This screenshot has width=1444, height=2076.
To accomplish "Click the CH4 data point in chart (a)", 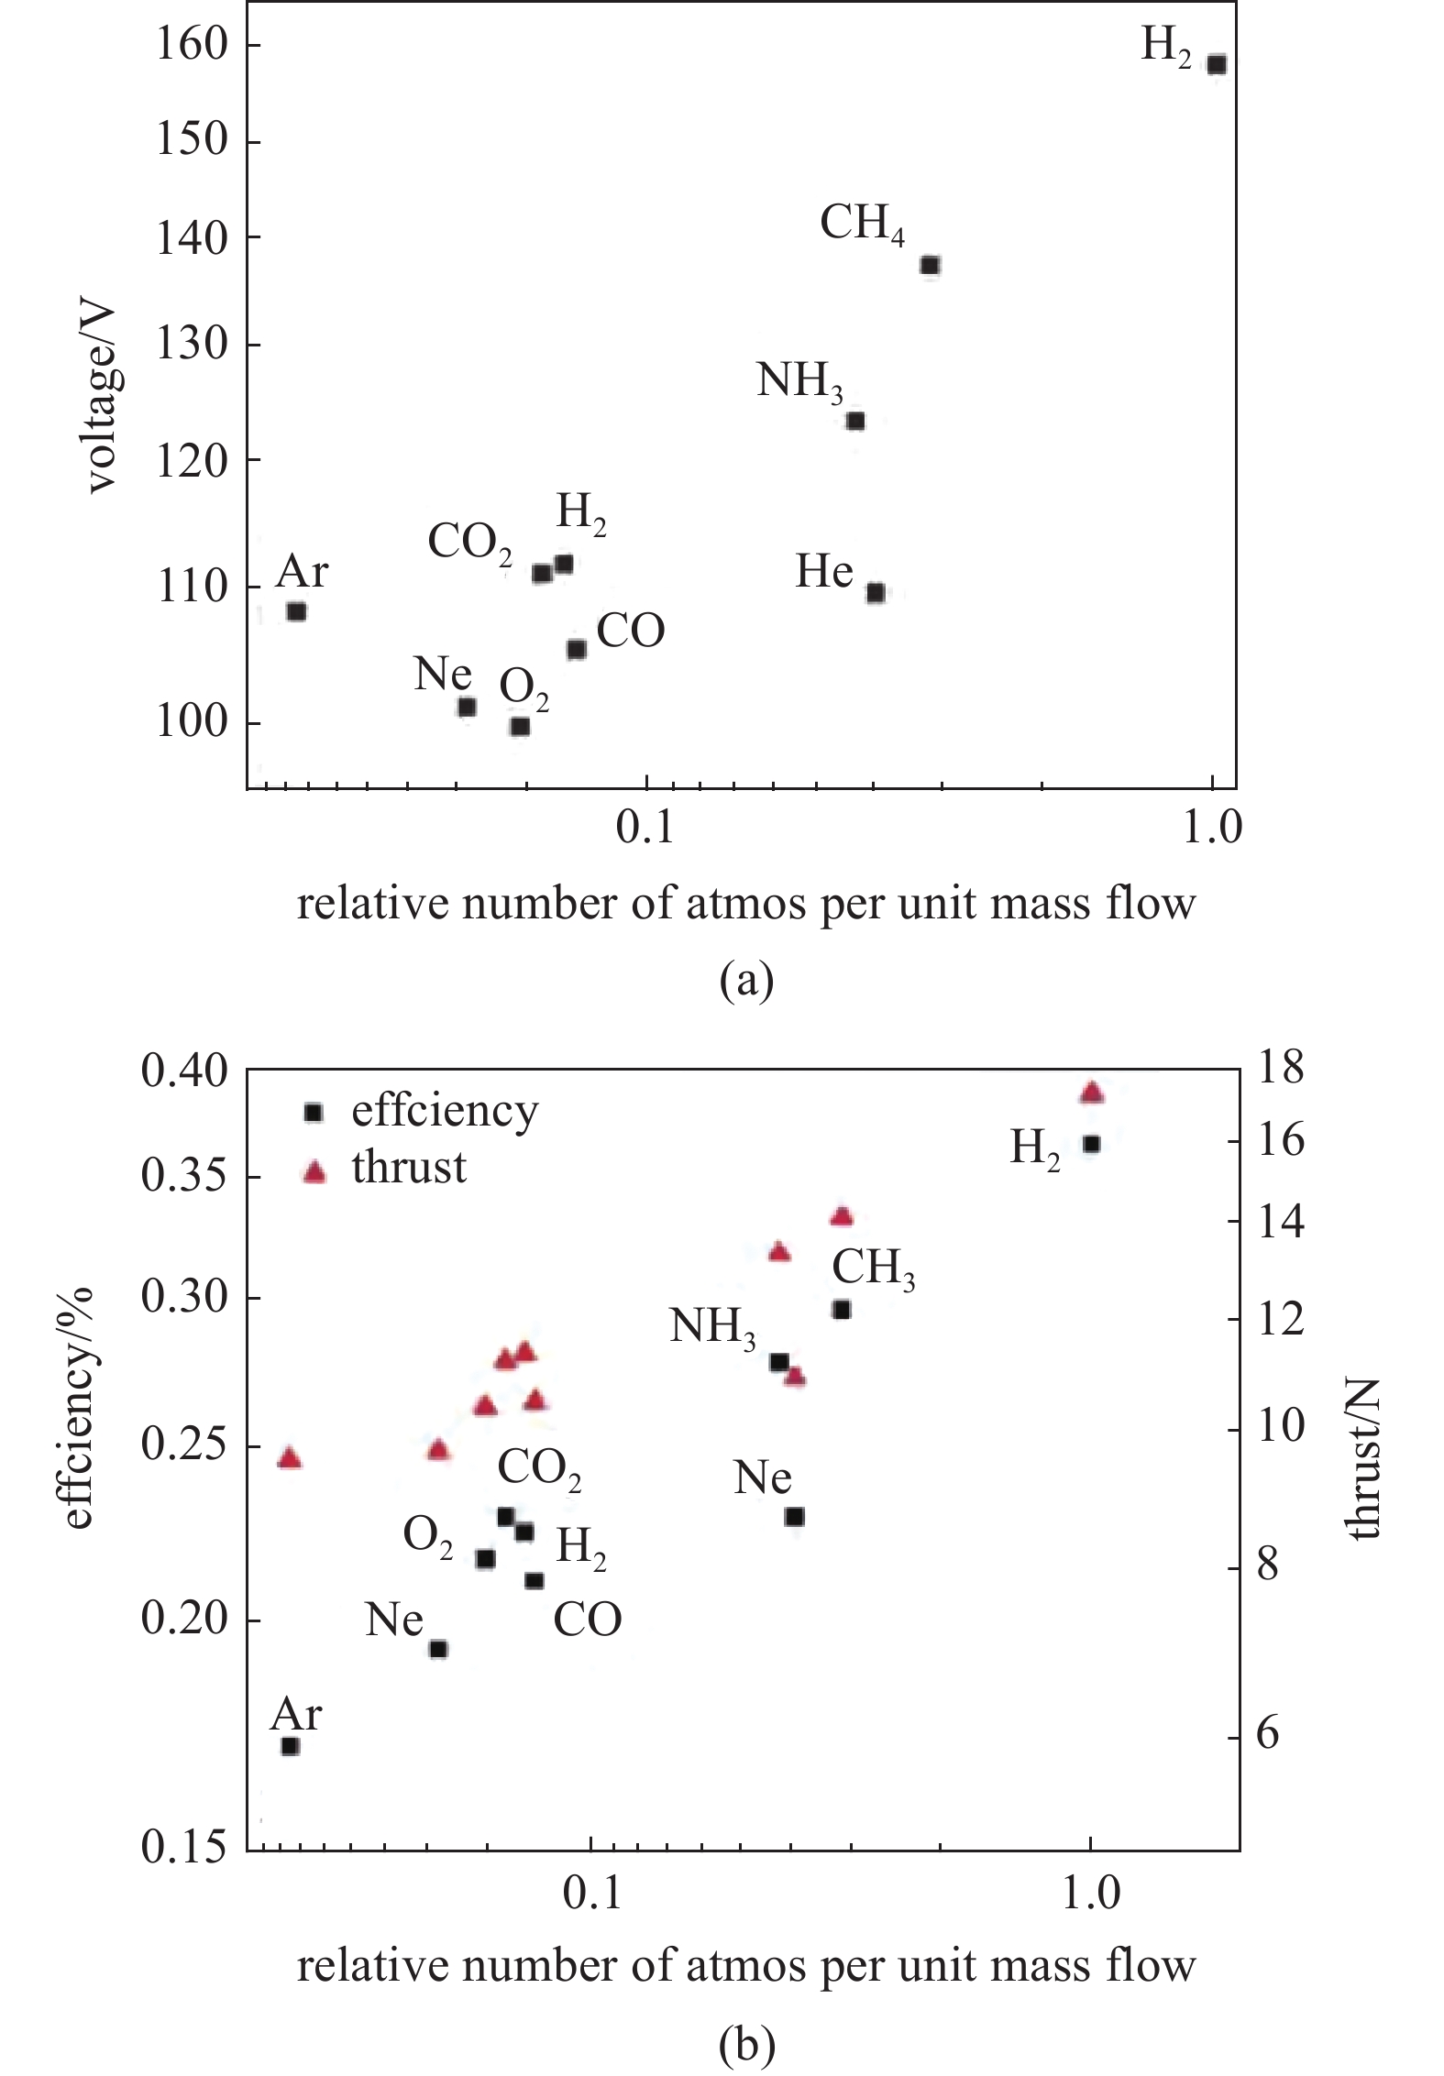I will (x=930, y=265).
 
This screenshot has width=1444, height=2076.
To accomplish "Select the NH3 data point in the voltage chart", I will (x=855, y=421).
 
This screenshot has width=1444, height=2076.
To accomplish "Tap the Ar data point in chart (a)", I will (x=296, y=611).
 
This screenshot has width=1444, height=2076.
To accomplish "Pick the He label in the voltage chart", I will (x=824, y=572).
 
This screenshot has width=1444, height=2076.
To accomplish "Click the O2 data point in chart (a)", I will (x=520, y=726).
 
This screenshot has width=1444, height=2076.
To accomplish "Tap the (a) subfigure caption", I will (x=746, y=981).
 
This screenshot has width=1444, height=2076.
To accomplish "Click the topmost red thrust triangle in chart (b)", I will (x=1091, y=1092).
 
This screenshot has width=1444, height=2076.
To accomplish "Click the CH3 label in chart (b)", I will (x=873, y=1269).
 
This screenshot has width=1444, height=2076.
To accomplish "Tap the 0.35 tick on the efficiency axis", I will (x=183, y=1178).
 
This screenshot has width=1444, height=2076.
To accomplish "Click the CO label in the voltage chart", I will (x=631, y=632).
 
